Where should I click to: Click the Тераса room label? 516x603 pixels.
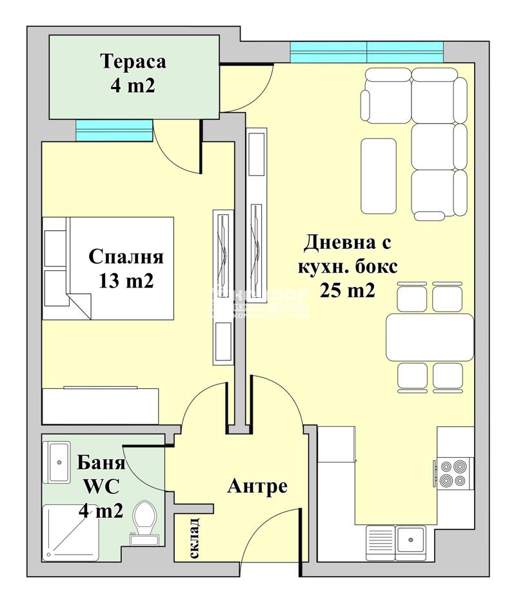pos(133,62)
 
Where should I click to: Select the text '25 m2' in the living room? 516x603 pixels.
pos(347,291)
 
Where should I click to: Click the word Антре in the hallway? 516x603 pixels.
pos(257,486)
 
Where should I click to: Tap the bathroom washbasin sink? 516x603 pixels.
pos(59,462)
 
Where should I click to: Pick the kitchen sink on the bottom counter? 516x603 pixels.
pos(410,539)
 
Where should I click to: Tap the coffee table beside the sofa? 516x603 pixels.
pos(379,176)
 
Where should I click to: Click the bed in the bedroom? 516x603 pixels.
pos(108,268)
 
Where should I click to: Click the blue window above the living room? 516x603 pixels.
pos(366,52)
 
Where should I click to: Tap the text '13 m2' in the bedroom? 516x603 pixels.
pos(126,281)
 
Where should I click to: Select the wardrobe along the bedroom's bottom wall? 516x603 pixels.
pos(101,405)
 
